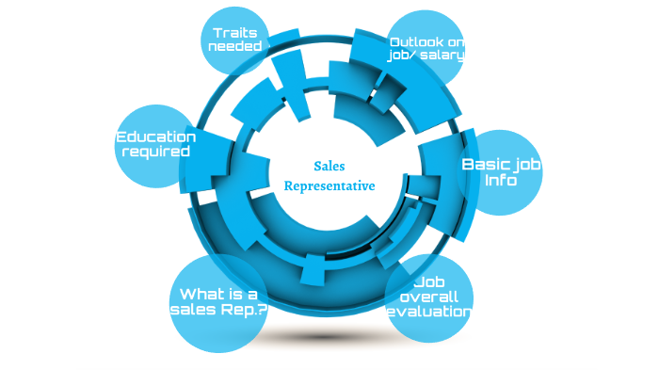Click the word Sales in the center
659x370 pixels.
tap(329, 166)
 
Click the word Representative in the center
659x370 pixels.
tap(329, 186)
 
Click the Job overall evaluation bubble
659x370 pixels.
tap(429, 298)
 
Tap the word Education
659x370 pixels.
tap(155, 137)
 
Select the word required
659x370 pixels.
tap(156, 152)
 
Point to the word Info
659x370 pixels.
tap(500, 180)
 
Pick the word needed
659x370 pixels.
tap(234, 47)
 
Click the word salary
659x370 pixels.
tap(445, 56)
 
